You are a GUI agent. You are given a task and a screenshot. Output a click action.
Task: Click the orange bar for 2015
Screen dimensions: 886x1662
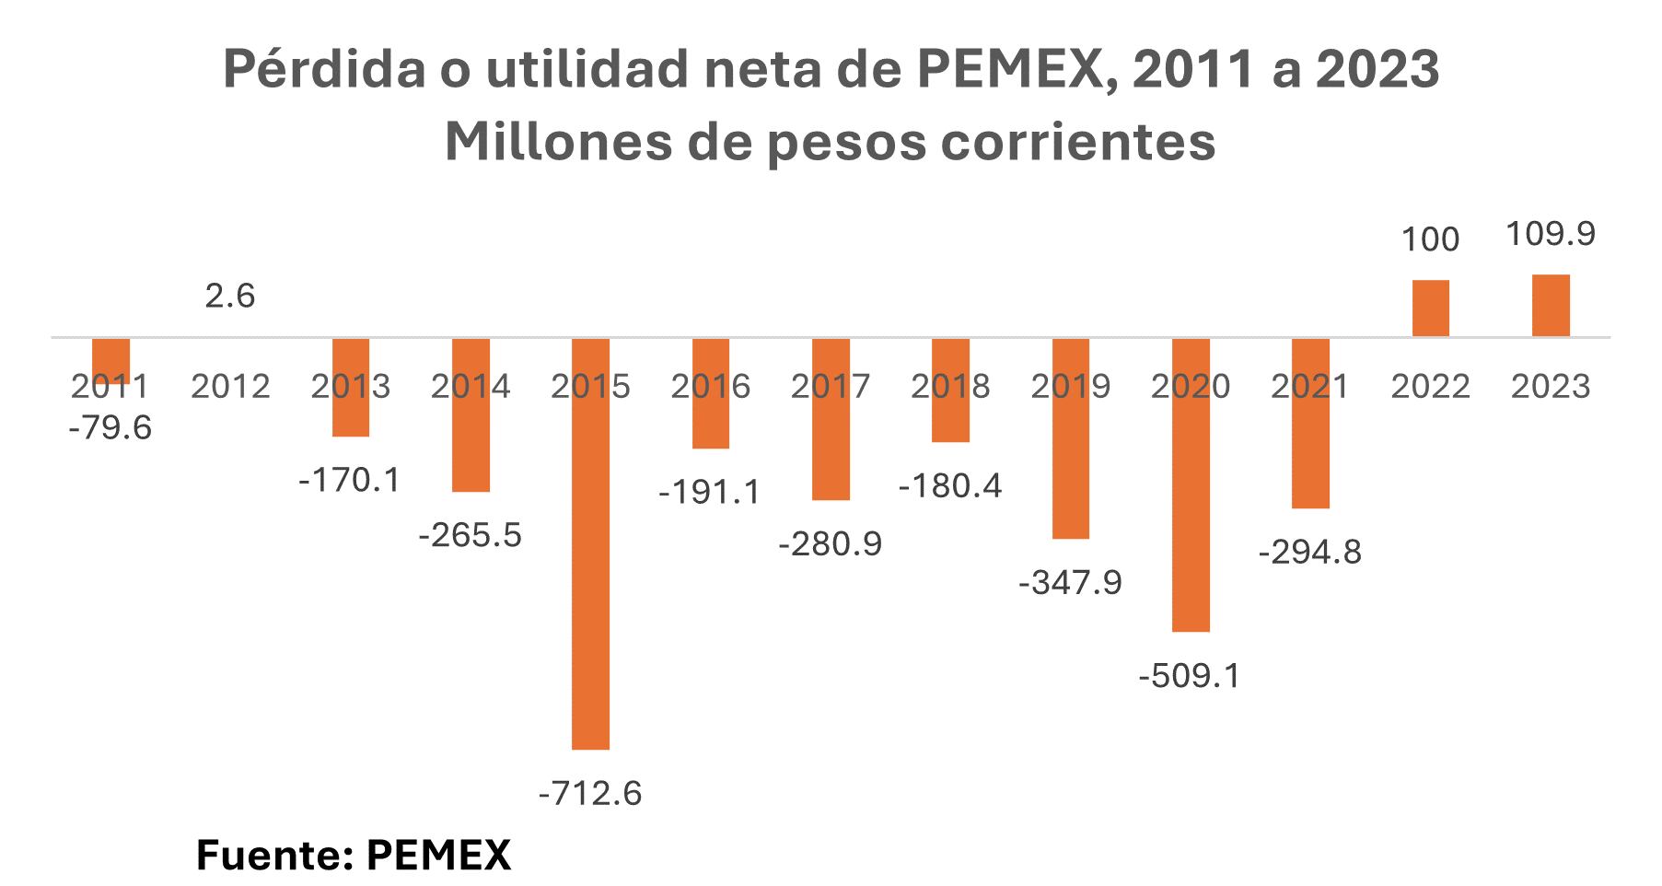pyautogui.click(x=590, y=543)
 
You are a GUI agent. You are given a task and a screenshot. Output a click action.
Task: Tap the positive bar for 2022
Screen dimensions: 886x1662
pyautogui.click(x=1430, y=308)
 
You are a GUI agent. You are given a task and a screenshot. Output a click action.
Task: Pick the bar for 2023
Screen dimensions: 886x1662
pyautogui.click(x=1551, y=305)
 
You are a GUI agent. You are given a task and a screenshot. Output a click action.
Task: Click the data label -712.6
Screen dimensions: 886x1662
pyautogui.click(x=590, y=793)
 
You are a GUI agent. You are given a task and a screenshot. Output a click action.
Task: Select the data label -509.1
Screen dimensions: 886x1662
pyautogui.click(x=1190, y=677)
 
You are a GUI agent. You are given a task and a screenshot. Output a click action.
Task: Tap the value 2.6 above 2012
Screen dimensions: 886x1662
pyautogui.click(x=229, y=297)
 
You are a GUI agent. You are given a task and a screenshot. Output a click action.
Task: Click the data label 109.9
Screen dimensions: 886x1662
pyautogui.click(x=1551, y=234)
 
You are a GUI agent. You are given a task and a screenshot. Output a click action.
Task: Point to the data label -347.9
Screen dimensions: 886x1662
pyautogui.click(x=1070, y=583)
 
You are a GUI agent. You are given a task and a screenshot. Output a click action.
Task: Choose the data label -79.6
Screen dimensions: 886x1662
pyautogui.click(x=110, y=428)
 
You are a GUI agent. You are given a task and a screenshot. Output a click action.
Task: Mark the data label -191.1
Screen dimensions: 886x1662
pyautogui.click(x=710, y=493)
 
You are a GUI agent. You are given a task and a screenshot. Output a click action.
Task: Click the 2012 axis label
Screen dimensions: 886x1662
pyautogui.click(x=230, y=387)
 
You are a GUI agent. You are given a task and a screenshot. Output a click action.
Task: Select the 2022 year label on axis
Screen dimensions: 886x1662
pyautogui.click(x=1430, y=387)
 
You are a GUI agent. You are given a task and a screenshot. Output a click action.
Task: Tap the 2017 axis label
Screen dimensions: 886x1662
pyautogui.click(x=830, y=387)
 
